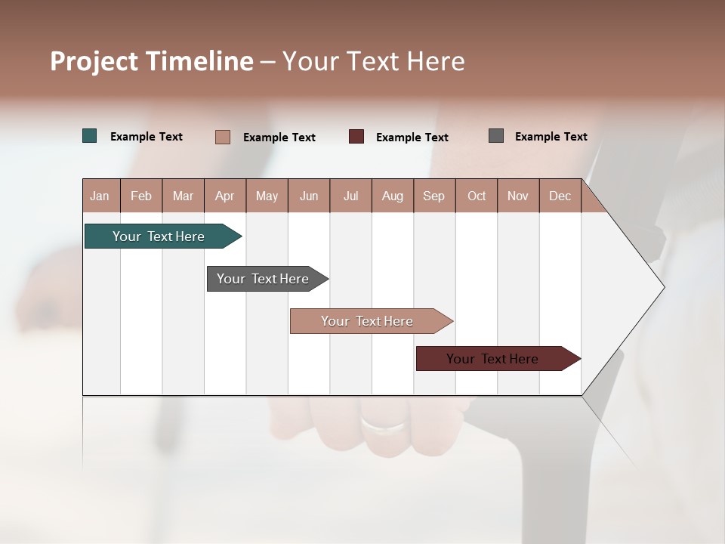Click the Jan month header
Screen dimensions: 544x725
pos(100,196)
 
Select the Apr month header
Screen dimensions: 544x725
pos(225,196)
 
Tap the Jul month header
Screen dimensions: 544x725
pos(350,196)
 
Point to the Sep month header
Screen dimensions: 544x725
pos(434,196)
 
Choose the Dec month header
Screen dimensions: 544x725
pos(560,196)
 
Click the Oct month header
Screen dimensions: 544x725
pos(477,196)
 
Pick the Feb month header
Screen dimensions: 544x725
pos(141,196)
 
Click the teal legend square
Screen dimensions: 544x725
pos(90,136)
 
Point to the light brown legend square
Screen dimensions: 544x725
pos(223,137)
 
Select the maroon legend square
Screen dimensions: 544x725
pos(356,137)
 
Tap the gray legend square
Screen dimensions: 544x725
pos(496,136)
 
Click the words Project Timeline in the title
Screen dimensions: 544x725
pos(151,61)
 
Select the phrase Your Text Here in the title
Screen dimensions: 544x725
pos(374,61)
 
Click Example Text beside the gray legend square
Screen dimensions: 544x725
pos(551,137)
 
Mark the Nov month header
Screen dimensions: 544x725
pos(518,196)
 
